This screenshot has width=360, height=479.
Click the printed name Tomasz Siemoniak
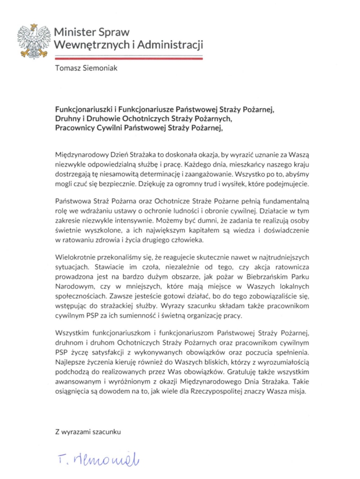tap(86, 68)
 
